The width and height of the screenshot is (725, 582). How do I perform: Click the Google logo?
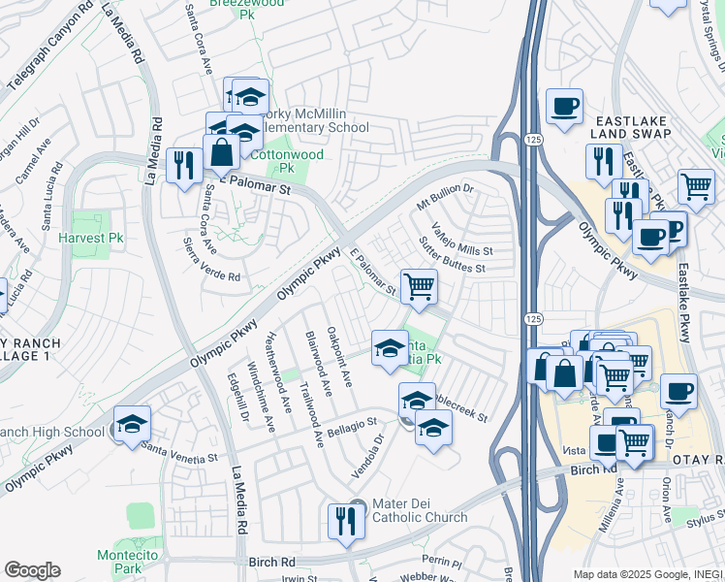pyautogui.click(x=32, y=570)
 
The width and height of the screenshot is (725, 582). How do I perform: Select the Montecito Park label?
pyautogui.click(x=120, y=562)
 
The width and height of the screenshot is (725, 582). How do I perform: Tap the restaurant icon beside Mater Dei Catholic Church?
pyautogui.click(x=345, y=521)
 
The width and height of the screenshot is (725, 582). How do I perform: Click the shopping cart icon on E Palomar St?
pyautogui.click(x=419, y=287)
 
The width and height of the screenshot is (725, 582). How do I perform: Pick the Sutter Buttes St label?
pyautogui.click(x=451, y=254)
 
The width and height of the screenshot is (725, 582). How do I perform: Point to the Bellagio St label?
pyautogui.click(x=351, y=426)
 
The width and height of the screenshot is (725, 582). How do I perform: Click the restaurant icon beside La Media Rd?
pyautogui.click(x=182, y=165)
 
